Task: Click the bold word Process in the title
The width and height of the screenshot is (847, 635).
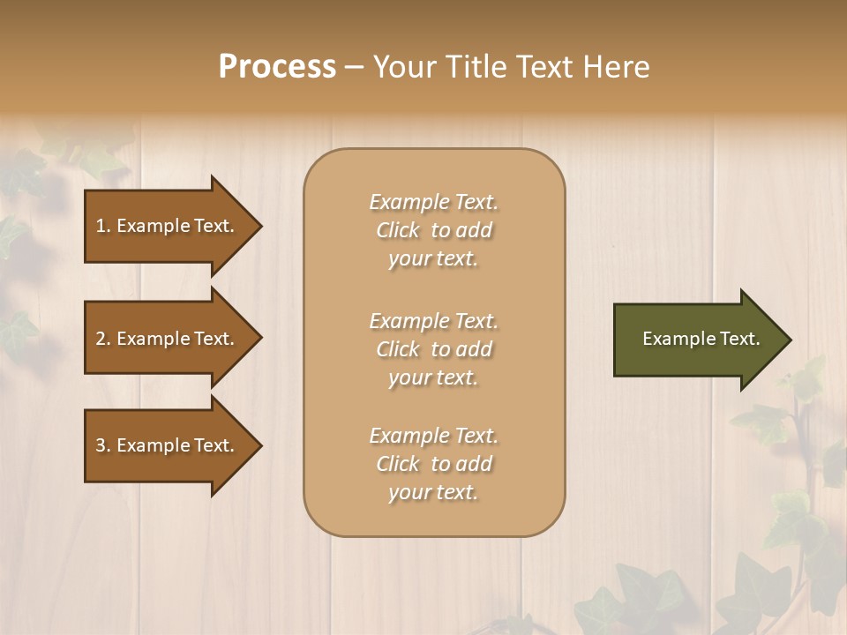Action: pyautogui.click(x=277, y=67)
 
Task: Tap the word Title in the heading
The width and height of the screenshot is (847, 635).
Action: pyautogui.click(x=474, y=67)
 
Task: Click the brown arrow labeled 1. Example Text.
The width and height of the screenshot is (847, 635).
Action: pyautogui.click(x=168, y=226)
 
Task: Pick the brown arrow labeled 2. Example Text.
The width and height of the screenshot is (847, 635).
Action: pyautogui.click(x=168, y=339)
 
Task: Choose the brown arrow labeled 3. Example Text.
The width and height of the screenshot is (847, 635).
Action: pyautogui.click(x=168, y=445)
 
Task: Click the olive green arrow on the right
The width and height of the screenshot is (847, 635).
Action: pyautogui.click(x=697, y=340)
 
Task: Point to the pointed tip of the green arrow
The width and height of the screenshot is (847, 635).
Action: pyautogui.click(x=789, y=340)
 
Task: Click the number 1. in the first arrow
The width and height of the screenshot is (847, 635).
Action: pyautogui.click(x=103, y=227)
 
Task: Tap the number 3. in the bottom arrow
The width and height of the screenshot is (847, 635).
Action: pyautogui.click(x=103, y=446)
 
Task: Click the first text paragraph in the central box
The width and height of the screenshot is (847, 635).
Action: pyautogui.click(x=433, y=230)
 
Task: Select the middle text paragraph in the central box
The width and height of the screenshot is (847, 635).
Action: pyautogui.click(x=433, y=349)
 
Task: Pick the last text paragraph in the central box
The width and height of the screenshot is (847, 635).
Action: pyautogui.click(x=433, y=464)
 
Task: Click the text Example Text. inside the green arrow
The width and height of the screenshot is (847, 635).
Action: pyautogui.click(x=701, y=339)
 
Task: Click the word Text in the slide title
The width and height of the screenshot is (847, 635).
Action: pyautogui.click(x=544, y=67)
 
